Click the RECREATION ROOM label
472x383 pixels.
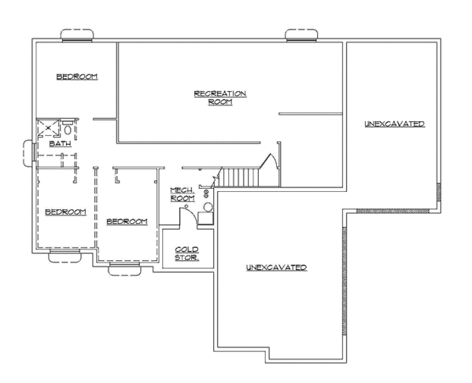coord(220,98)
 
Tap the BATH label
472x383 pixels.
coord(59,144)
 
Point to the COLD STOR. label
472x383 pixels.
coord(186,253)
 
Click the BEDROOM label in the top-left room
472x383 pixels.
coord(76,76)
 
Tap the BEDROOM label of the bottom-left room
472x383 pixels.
coord(65,212)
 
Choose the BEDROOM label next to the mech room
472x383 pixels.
coord(127,222)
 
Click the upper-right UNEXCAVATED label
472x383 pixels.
coord(394,124)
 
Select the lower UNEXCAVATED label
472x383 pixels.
coord(276,268)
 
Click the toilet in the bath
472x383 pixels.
coord(68,130)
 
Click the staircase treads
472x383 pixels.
coord(239,178)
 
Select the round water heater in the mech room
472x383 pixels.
coord(208,208)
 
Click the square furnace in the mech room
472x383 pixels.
coord(205,219)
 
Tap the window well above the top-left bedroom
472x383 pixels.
coord(77,35)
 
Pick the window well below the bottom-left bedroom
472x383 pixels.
coord(62,255)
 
